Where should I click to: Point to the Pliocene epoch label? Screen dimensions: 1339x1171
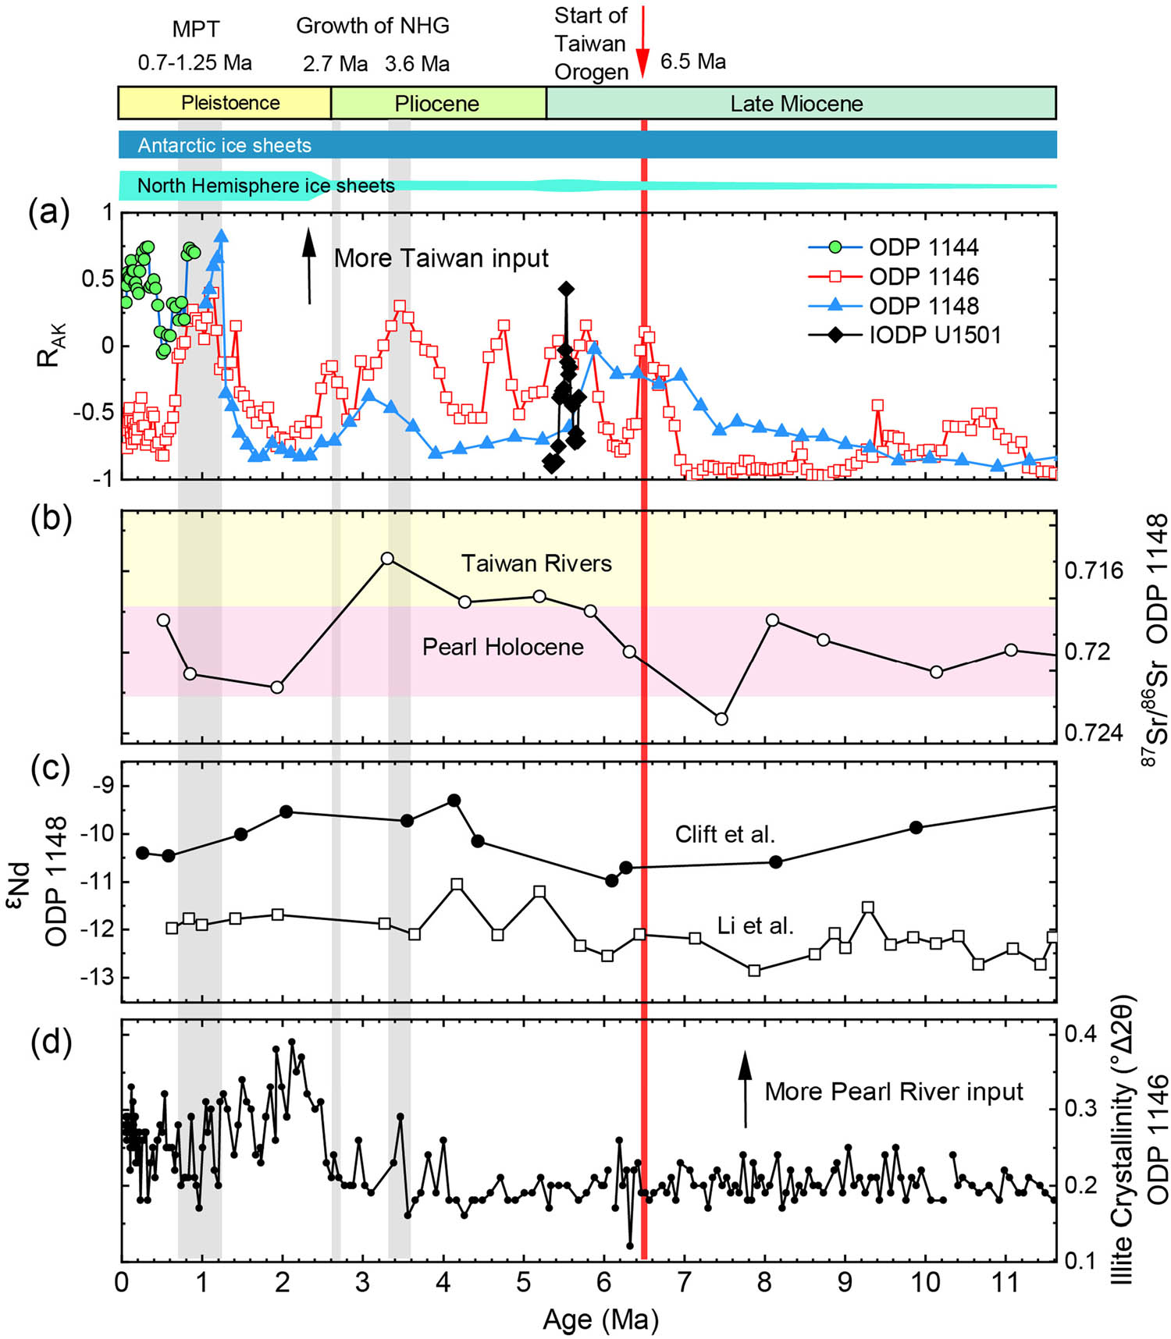(436, 104)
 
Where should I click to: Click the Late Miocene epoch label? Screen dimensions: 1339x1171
(796, 104)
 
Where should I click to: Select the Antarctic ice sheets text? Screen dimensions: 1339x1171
(225, 145)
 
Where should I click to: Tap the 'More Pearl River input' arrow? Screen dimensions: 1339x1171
(745, 1089)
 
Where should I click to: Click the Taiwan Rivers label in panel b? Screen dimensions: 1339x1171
(536, 563)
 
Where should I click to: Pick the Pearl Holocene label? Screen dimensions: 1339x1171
(503, 647)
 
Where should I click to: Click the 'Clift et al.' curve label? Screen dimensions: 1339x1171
(724, 835)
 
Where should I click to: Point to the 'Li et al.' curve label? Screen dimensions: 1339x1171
(755, 926)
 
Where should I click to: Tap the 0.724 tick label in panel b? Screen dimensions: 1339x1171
(1093, 733)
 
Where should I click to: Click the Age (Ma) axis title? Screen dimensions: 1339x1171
(600, 1319)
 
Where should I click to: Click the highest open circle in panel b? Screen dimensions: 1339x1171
(387, 559)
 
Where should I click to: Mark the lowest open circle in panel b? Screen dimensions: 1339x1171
(721, 719)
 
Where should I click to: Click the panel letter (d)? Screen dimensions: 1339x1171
(50, 1042)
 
